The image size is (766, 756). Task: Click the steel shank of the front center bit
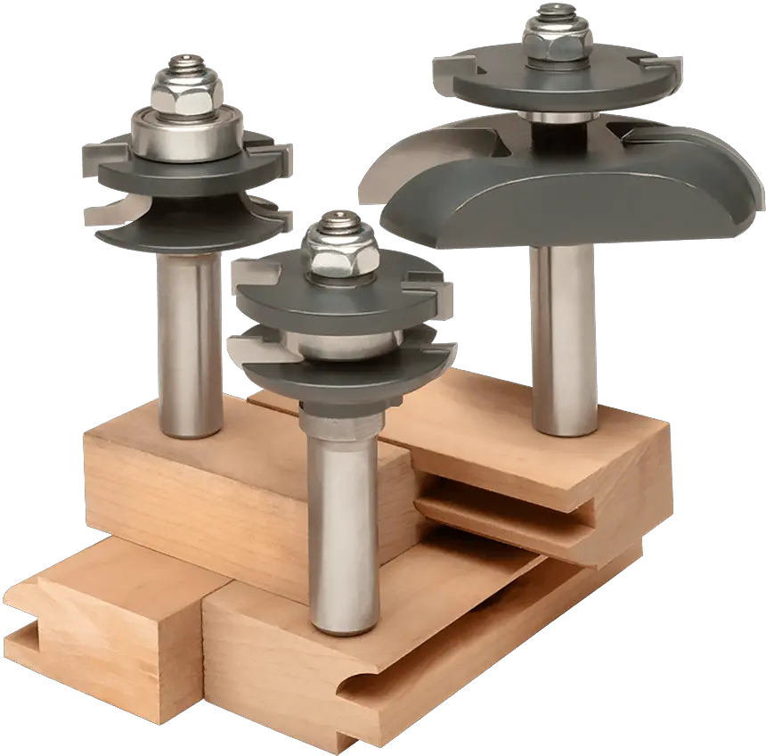pos(342,526)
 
